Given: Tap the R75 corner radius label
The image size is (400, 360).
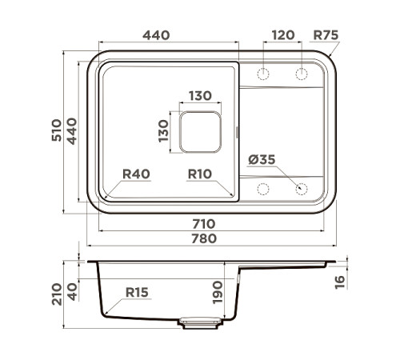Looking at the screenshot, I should pyautogui.click(x=326, y=35).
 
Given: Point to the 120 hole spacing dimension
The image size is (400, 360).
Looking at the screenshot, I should pyautogui.click(x=282, y=35).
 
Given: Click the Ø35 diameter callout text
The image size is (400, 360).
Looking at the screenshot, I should pyautogui.click(x=262, y=160).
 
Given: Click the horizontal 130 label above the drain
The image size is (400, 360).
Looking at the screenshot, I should pyautogui.click(x=200, y=96).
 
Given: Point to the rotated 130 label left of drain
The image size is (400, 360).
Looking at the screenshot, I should pyautogui.click(x=163, y=131).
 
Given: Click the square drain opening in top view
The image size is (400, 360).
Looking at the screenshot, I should pyautogui.click(x=200, y=132).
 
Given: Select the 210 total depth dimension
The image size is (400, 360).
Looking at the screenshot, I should pyautogui.click(x=57, y=294).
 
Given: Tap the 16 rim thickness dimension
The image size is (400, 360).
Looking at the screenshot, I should pyautogui.click(x=339, y=280).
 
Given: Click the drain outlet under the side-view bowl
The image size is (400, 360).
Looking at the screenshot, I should pyautogui.click(x=200, y=322).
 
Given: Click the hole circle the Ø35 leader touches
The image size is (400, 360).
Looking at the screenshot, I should pyautogui.click(x=302, y=189).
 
